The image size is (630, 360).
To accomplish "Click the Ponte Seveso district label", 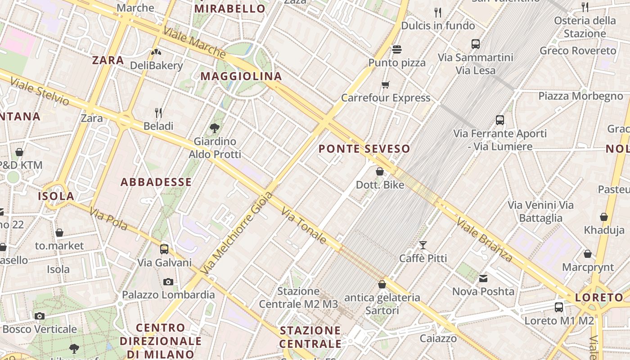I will [364, 149].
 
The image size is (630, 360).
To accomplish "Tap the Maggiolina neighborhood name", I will [241, 76].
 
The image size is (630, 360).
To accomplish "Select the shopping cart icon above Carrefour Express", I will [386, 85].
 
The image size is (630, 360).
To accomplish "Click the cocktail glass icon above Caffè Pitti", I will [423, 245].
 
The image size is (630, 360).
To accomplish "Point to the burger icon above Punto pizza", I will [396, 49].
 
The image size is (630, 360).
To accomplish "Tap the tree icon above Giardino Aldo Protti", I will [215, 128].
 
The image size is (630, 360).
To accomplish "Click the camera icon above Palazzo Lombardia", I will [168, 282].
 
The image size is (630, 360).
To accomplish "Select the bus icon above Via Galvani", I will [164, 249].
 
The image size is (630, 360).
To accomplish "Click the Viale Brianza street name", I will [484, 239].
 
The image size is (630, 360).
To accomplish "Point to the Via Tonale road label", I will [304, 225].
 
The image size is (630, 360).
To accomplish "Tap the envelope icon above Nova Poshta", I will [483, 279].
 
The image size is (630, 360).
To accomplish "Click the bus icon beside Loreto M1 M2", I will [559, 307].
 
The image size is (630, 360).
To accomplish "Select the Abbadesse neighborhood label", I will [156, 182].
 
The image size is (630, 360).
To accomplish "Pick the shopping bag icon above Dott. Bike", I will [380, 171].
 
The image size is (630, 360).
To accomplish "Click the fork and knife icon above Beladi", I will [158, 112].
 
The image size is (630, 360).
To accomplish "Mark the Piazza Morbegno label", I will [580, 96].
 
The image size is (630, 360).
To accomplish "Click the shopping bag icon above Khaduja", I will [604, 217].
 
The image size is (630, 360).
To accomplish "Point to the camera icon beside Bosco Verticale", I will [40, 316].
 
